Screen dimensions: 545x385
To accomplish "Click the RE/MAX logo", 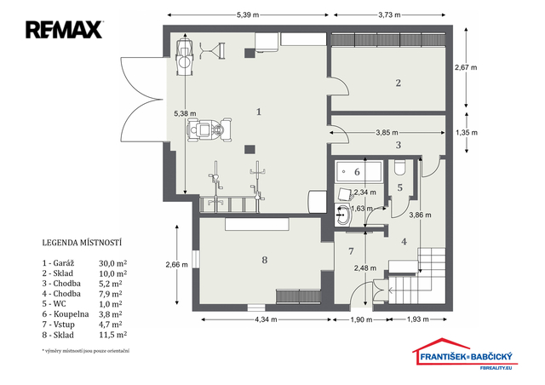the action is (64, 30).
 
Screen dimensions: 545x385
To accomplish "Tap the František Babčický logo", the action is (465, 353).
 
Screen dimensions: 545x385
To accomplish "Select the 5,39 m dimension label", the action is (248, 15).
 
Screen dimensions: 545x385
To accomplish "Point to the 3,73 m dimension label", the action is (389, 15).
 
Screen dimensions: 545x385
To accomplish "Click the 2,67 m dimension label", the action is (466, 67).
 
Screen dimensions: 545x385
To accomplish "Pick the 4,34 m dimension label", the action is (266, 319).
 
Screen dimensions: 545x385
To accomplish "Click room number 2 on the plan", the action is (399, 83).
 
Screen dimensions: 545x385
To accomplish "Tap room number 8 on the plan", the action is (265, 260).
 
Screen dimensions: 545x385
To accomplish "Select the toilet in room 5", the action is (399, 167).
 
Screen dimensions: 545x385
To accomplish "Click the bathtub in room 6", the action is (359, 171).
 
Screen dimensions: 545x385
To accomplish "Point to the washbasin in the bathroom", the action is (343, 215).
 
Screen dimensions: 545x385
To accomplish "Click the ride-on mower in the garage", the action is (209, 129).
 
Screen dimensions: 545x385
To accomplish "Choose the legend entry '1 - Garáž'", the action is (59, 263).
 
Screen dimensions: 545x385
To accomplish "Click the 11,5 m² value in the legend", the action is (112, 335).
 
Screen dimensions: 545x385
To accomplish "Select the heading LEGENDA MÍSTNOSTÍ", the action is (82, 243).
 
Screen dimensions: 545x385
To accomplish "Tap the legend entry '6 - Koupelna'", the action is (66, 314).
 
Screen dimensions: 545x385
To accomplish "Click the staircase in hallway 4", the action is (417, 275).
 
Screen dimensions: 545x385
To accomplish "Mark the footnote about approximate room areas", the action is (85, 351).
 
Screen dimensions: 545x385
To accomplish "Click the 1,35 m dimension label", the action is (467, 133).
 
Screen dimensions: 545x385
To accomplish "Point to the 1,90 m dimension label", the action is (361, 319).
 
